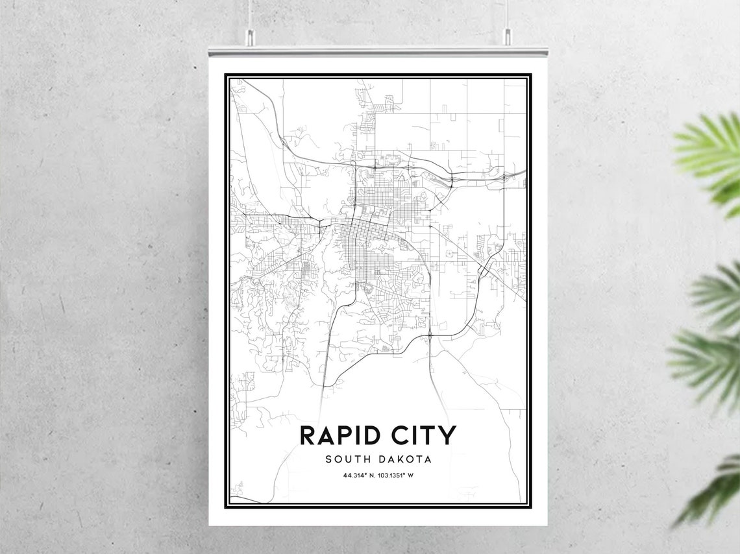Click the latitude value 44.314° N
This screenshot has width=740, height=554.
tap(359, 476)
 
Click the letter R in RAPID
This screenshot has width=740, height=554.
tap(308, 435)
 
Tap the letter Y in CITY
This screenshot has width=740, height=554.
tap(448, 435)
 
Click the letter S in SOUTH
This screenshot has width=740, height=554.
tap(329, 459)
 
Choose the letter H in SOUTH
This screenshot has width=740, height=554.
tap(367, 459)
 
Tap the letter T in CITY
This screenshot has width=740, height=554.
tap(432, 435)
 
